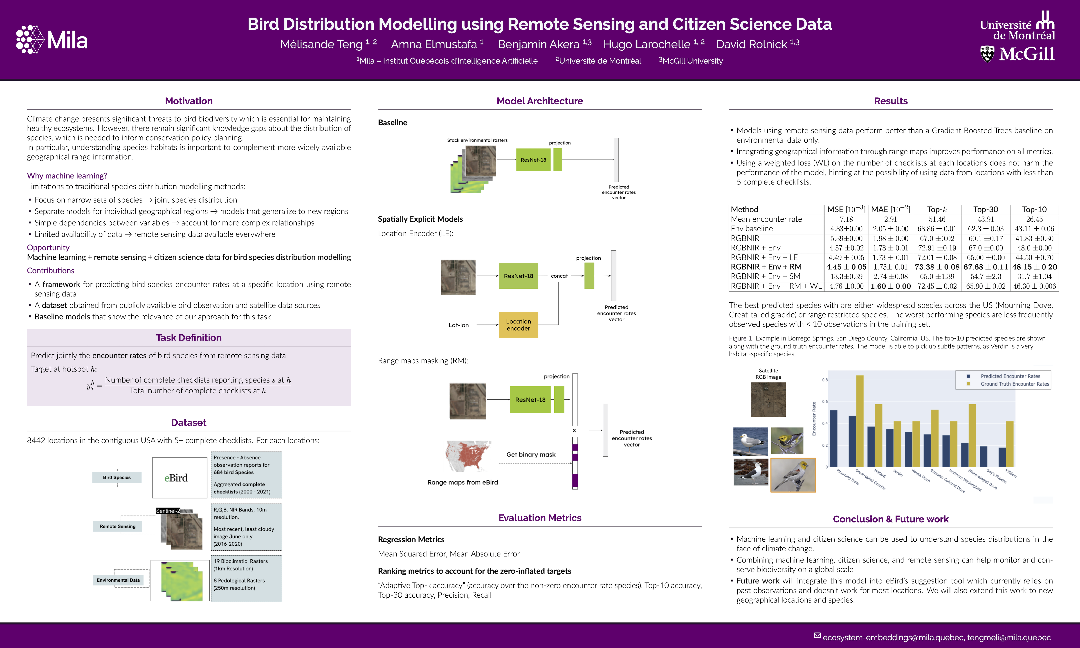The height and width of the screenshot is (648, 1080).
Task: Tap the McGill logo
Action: (x=1017, y=54)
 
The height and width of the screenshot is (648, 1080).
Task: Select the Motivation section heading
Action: (x=189, y=101)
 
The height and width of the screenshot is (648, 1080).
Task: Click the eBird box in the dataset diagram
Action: (x=180, y=478)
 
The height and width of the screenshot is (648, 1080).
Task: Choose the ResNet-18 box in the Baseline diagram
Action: (x=533, y=160)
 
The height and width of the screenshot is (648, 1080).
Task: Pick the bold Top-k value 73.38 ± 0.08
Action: (x=937, y=267)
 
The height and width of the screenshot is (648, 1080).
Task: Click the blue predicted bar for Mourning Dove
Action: (x=833, y=438)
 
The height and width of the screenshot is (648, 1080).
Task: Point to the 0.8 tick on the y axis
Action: (x=825, y=380)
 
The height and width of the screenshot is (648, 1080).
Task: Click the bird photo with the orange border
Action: (x=793, y=475)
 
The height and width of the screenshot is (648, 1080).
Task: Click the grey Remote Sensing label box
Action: (x=117, y=526)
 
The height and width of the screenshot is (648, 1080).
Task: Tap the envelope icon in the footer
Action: (x=817, y=636)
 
